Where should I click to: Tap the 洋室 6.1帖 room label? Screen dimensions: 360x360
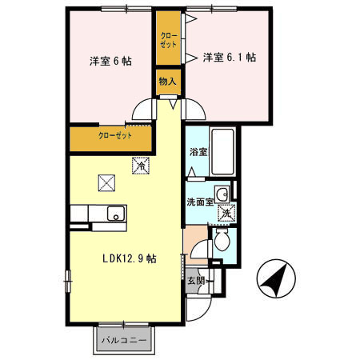229,58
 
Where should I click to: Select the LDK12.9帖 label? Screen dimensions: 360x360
128,258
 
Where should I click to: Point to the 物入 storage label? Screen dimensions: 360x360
167,82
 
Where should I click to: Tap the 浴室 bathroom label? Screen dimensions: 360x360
198,152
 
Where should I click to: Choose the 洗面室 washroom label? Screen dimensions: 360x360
200,202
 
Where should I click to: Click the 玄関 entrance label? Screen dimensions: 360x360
196,281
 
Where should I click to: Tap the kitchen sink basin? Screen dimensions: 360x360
115,214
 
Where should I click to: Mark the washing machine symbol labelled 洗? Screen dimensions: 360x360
226,213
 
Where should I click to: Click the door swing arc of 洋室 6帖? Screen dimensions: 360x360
142,110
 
